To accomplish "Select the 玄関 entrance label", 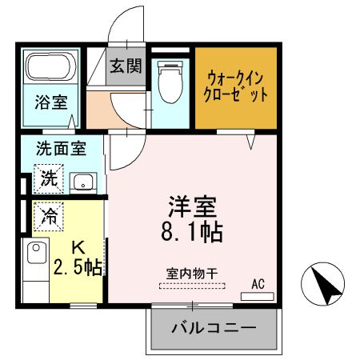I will click(126, 66).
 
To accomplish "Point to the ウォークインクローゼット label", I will click(237, 86).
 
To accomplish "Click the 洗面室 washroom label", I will click(59, 149).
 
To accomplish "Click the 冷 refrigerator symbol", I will click(48, 215).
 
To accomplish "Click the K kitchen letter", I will click(78, 248).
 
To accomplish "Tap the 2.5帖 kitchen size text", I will click(77, 267).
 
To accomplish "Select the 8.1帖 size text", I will click(193, 233).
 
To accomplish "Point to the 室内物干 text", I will click(193, 273).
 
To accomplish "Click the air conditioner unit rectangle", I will click(257, 295).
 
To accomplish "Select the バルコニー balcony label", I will click(214, 328).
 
